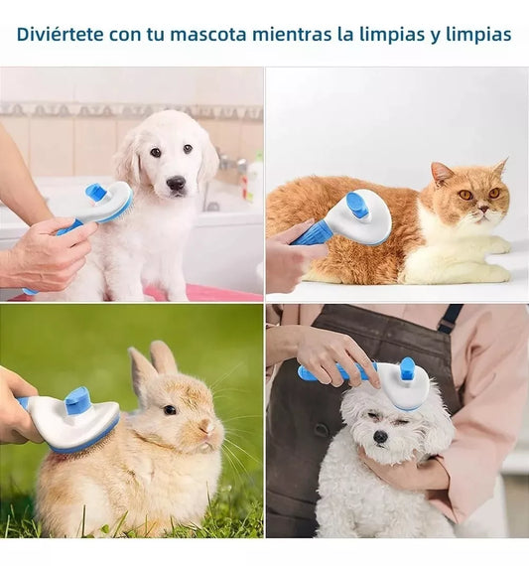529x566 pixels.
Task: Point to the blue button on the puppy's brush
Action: coord(96,192)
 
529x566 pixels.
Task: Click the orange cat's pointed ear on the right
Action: coord(499,168)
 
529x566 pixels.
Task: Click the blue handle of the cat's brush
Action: coord(312,234)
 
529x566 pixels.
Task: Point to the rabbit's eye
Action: coord(170,409)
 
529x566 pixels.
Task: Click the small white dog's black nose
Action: coord(380,436)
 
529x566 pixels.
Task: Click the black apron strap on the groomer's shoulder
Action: coord(450,318)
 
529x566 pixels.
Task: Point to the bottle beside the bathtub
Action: coord(254,179)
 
